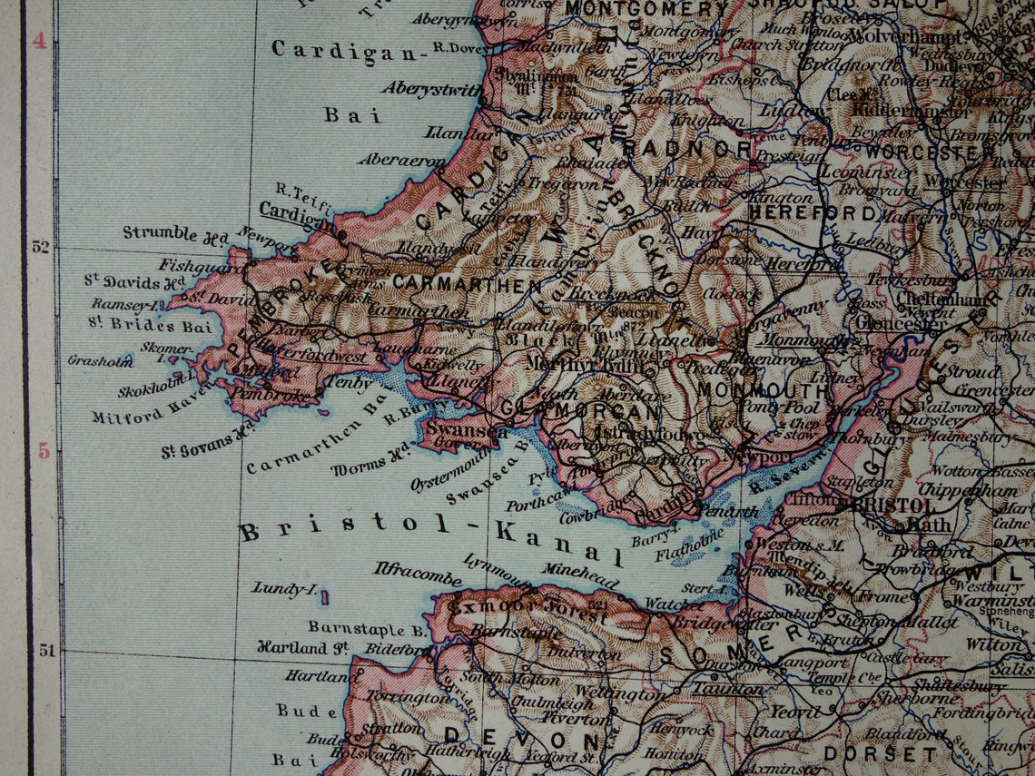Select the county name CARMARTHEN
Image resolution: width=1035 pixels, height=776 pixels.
468,284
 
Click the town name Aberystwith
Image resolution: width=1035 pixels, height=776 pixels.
431,88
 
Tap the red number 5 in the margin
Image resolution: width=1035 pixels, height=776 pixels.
43,450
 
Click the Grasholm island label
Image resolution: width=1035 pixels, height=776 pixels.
100,360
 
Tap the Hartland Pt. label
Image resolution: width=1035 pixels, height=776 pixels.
303,648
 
